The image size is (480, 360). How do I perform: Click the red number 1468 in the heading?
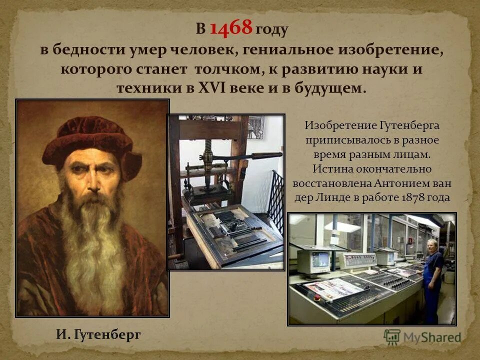click(230, 28)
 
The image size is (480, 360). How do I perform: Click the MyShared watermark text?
click(430, 337)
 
